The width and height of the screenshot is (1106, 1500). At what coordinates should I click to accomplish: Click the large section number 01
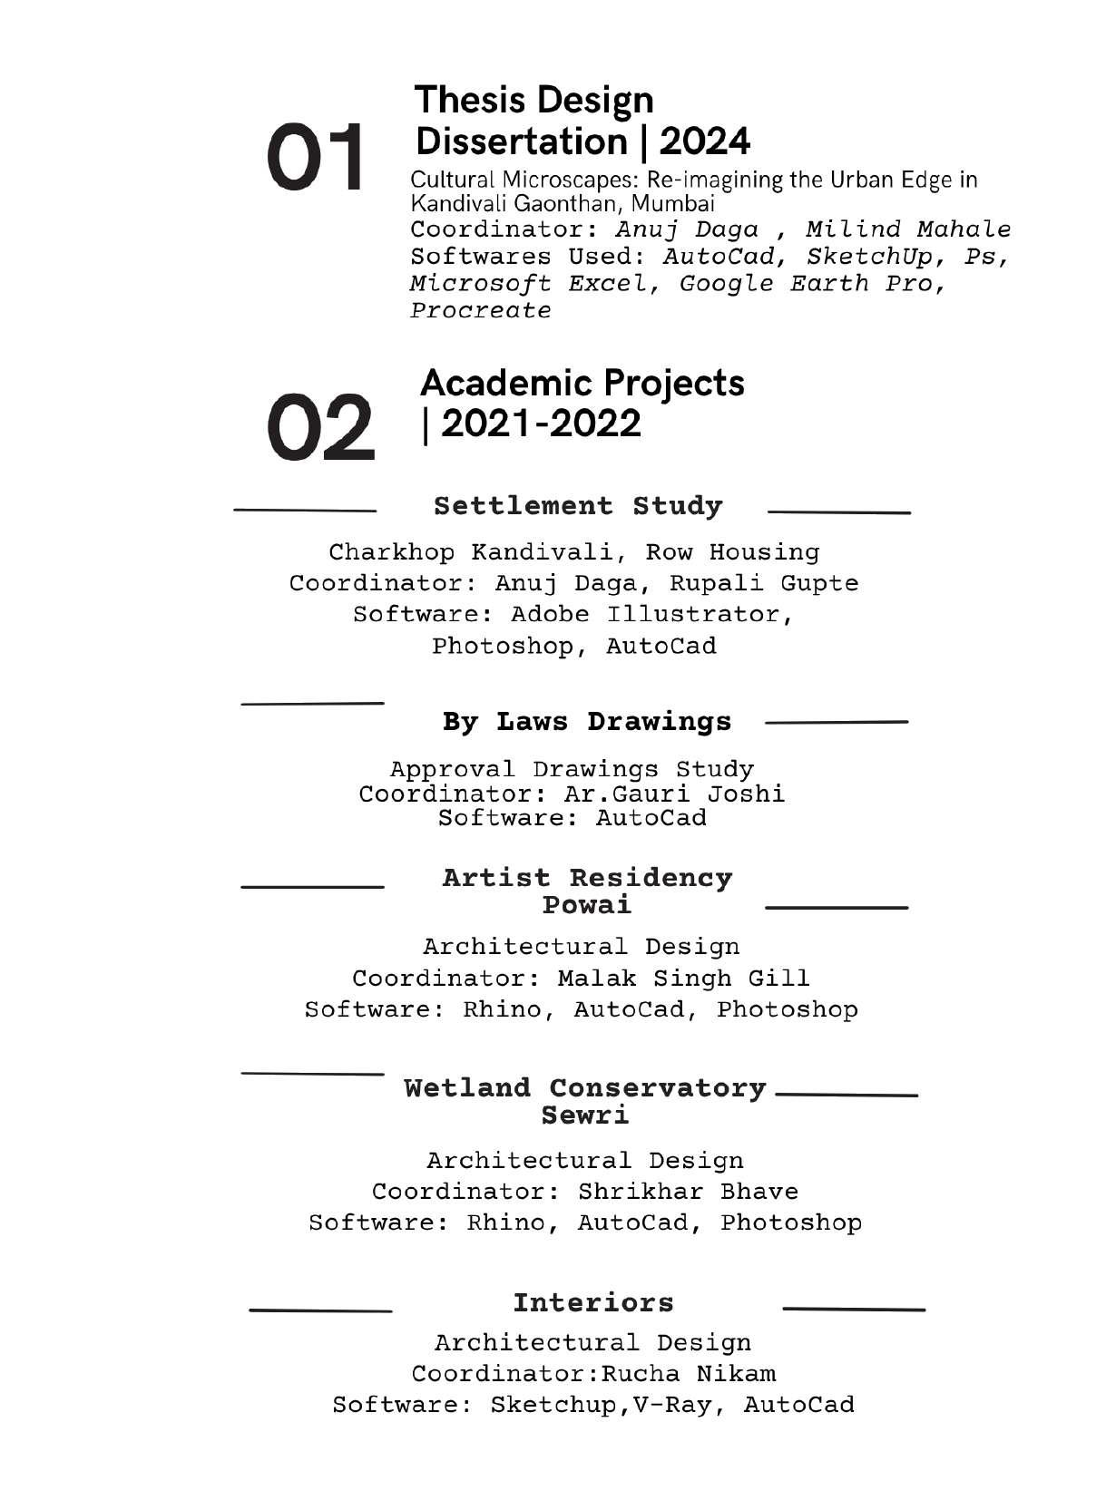tap(315, 158)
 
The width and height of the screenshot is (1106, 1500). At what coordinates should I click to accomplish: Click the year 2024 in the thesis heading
tap(705, 141)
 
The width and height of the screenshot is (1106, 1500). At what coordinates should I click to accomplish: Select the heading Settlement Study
tap(578, 506)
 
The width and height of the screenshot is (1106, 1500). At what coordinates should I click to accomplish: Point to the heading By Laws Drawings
tap(586, 722)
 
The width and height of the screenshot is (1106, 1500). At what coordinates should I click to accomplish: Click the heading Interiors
tap(593, 1303)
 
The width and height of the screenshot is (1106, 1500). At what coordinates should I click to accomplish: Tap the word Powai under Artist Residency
tap(586, 905)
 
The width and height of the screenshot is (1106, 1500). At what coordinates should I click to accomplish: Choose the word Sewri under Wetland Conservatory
tap(585, 1115)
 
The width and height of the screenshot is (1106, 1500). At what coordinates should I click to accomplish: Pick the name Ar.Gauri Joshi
tap(674, 794)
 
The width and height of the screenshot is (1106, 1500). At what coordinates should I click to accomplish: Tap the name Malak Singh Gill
tap(683, 979)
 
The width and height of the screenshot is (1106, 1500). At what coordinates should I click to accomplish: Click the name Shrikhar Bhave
tap(688, 1192)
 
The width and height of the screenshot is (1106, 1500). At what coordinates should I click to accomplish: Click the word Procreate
tap(481, 311)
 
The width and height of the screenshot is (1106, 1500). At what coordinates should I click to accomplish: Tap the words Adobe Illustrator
tap(650, 615)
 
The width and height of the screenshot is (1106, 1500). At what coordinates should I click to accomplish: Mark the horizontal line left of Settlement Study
tap(305, 511)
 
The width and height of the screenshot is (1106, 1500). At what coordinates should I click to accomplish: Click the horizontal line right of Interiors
tap(853, 1310)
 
